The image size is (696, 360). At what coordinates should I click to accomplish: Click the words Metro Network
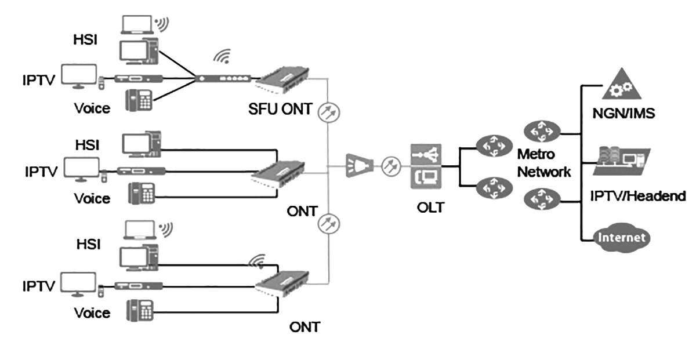point(544,163)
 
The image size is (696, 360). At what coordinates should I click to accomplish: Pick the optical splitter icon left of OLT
point(356,165)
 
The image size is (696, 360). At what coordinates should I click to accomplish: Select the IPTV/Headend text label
point(637,196)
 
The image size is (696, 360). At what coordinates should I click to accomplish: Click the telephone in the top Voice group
point(139,100)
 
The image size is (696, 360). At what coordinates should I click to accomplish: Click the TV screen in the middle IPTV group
point(82,168)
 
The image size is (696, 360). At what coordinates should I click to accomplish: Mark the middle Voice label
point(92,198)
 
